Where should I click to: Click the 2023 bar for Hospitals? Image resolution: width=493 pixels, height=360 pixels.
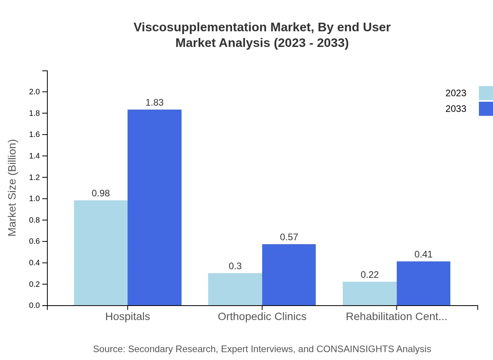[x=101, y=253]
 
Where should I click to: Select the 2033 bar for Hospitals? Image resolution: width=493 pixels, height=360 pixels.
[x=155, y=207]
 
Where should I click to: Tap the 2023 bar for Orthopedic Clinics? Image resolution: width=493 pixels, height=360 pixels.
[x=235, y=289]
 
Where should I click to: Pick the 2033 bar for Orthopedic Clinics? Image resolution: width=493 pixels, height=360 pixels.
[x=289, y=275]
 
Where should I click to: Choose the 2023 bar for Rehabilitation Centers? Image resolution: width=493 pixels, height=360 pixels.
[x=369, y=293]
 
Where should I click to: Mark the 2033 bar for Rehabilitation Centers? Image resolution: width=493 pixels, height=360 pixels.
[x=423, y=283]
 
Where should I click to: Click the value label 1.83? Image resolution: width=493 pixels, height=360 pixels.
[x=155, y=103]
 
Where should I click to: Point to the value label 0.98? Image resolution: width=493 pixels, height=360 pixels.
[x=101, y=193]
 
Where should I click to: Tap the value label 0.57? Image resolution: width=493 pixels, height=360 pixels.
[x=289, y=237]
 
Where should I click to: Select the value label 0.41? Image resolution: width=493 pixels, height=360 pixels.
[x=423, y=254]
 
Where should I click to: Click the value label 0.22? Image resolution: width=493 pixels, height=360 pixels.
[x=369, y=275]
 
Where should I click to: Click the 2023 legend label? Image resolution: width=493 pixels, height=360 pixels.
[x=456, y=93]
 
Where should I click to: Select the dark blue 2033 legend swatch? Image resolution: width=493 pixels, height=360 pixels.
[x=486, y=109]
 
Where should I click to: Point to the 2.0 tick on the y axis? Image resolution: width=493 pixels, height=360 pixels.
[x=34, y=92]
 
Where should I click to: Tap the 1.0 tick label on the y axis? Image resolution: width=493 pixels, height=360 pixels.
[x=34, y=199]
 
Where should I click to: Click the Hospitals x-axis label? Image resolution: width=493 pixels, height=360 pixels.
[x=128, y=317]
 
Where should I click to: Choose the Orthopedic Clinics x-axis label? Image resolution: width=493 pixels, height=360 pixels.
[x=262, y=317]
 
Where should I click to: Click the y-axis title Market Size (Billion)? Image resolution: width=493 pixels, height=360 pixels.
[x=13, y=188]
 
